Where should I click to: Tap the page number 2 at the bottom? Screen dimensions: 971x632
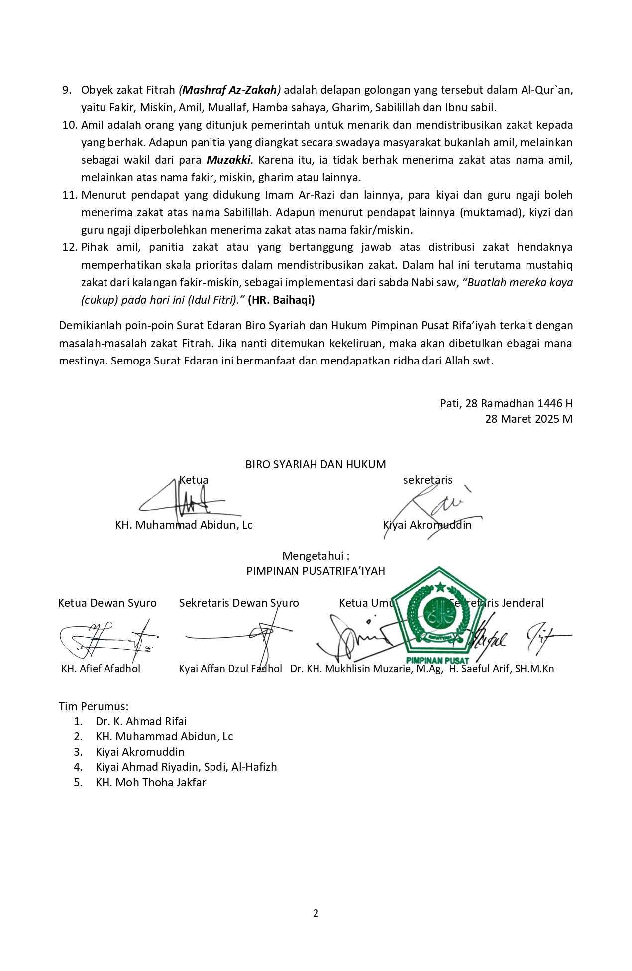[x=316, y=913]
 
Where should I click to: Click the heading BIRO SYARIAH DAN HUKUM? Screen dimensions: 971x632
[x=316, y=464]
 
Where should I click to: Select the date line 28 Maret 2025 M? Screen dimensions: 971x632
[x=528, y=419]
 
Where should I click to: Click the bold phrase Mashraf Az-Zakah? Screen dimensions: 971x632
[x=230, y=90]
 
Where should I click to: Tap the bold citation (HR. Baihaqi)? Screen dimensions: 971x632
[x=281, y=300]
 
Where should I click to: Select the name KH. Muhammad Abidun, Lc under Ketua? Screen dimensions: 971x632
[x=184, y=525]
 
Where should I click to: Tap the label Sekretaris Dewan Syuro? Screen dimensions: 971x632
[x=239, y=603]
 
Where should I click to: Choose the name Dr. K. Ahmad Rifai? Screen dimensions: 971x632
[x=141, y=721]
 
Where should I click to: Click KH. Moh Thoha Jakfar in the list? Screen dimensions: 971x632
[x=151, y=782]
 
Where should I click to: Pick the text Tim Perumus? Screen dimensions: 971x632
[x=94, y=706]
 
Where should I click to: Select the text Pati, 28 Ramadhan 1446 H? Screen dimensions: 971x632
[x=506, y=403]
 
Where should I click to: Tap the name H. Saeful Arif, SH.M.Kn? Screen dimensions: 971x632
[x=501, y=669]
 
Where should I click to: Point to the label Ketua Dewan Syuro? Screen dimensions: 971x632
[x=107, y=603]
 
